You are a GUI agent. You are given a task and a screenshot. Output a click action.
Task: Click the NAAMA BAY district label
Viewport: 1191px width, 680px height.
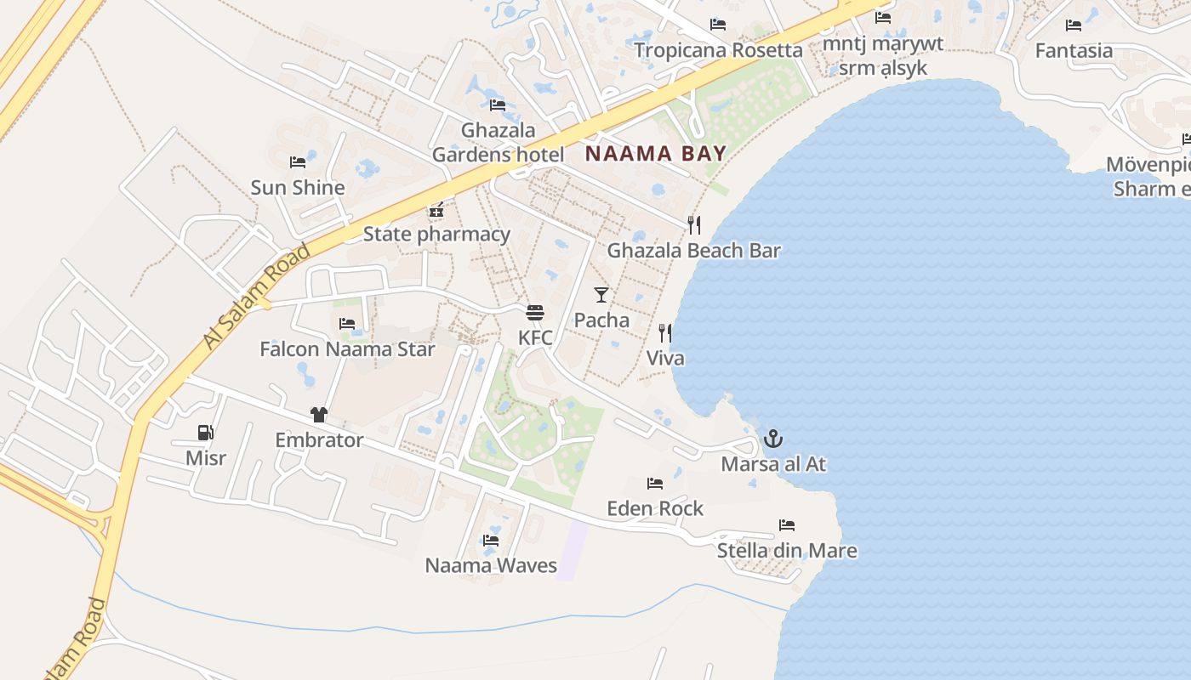656,154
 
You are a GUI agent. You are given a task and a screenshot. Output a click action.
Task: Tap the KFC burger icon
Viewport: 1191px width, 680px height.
535,313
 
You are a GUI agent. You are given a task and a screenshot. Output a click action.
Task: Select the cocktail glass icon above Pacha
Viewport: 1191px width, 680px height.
601,295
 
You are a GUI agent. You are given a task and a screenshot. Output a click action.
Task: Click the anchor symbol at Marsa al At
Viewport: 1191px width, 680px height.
772,439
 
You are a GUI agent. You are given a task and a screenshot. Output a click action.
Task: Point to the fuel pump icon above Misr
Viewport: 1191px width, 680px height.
205,433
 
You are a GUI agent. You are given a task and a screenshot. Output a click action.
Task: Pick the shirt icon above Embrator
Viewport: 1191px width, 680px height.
319,415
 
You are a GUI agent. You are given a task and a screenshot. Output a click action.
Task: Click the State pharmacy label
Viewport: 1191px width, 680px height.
436,234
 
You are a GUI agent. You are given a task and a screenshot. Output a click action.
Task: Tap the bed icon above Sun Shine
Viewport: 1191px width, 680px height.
298,161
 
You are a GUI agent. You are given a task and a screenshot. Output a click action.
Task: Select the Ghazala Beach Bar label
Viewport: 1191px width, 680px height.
693,251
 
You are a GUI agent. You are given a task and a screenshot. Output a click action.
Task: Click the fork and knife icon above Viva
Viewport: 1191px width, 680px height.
664,332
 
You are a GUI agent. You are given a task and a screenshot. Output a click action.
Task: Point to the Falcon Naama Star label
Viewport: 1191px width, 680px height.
347,349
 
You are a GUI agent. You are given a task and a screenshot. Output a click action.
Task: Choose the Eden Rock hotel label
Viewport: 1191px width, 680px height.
655,508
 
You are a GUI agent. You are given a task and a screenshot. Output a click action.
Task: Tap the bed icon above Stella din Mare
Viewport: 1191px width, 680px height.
787,525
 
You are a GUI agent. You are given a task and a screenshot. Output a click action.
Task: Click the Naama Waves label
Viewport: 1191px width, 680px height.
491,565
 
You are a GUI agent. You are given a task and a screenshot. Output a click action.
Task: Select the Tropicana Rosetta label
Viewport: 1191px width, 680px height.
718,50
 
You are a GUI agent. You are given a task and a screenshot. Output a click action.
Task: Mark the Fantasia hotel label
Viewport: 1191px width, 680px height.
1074,51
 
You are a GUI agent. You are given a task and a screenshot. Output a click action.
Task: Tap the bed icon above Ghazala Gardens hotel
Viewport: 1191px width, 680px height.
498,105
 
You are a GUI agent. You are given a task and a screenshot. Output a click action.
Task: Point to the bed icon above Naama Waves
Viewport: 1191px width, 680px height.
491,540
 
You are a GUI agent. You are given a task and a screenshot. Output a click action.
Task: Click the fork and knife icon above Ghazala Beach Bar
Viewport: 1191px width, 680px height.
694,224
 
